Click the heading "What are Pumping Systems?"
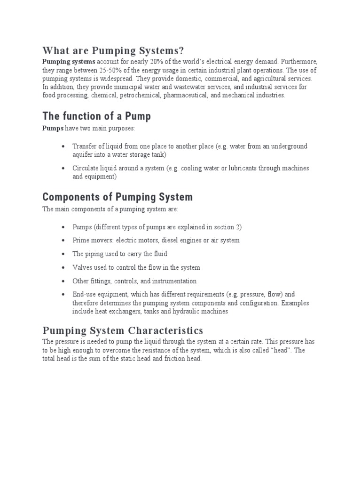(113, 50)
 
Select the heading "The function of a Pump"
(97, 116)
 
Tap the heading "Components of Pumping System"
(118, 196)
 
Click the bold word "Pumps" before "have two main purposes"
(52, 128)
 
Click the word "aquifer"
(83, 154)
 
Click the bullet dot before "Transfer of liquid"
(63, 146)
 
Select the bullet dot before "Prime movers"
(63, 241)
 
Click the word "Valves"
(82, 267)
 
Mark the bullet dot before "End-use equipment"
(63, 295)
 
